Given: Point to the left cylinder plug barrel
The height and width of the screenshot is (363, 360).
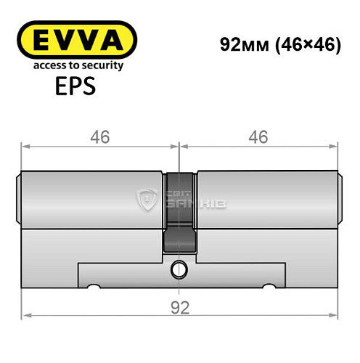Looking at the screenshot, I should [91, 196].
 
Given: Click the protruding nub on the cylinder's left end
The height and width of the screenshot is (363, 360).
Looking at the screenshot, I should [18, 196].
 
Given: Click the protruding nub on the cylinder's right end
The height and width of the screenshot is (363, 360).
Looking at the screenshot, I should [340, 196].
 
